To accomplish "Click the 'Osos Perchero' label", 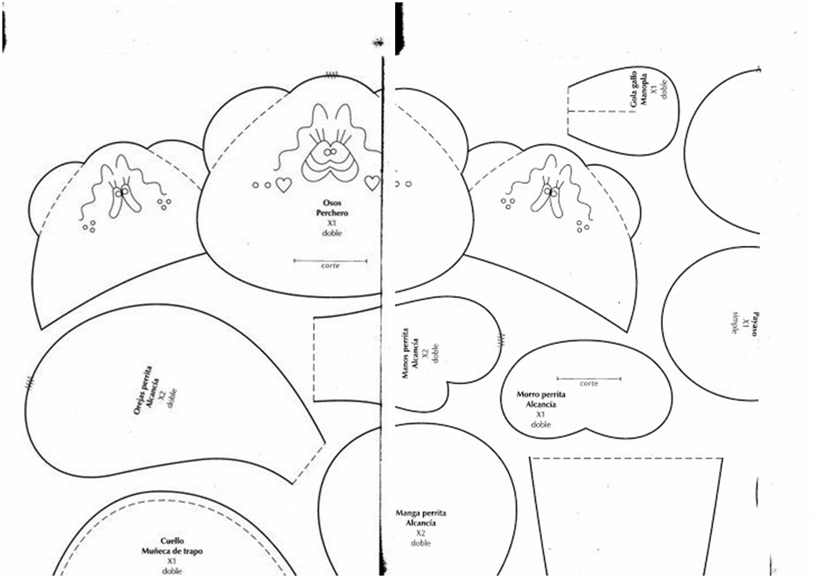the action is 332,208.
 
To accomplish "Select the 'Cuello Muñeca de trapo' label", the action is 172,546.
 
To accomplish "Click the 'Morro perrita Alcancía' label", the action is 541,399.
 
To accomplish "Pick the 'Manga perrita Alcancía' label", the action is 421,518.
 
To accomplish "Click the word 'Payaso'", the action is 755,325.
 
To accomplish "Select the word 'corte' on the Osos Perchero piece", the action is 330,266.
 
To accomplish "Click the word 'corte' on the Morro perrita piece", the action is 589,384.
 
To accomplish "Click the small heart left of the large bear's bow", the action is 284,185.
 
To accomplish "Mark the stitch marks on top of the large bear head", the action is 331,75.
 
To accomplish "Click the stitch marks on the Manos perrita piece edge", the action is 502,342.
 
